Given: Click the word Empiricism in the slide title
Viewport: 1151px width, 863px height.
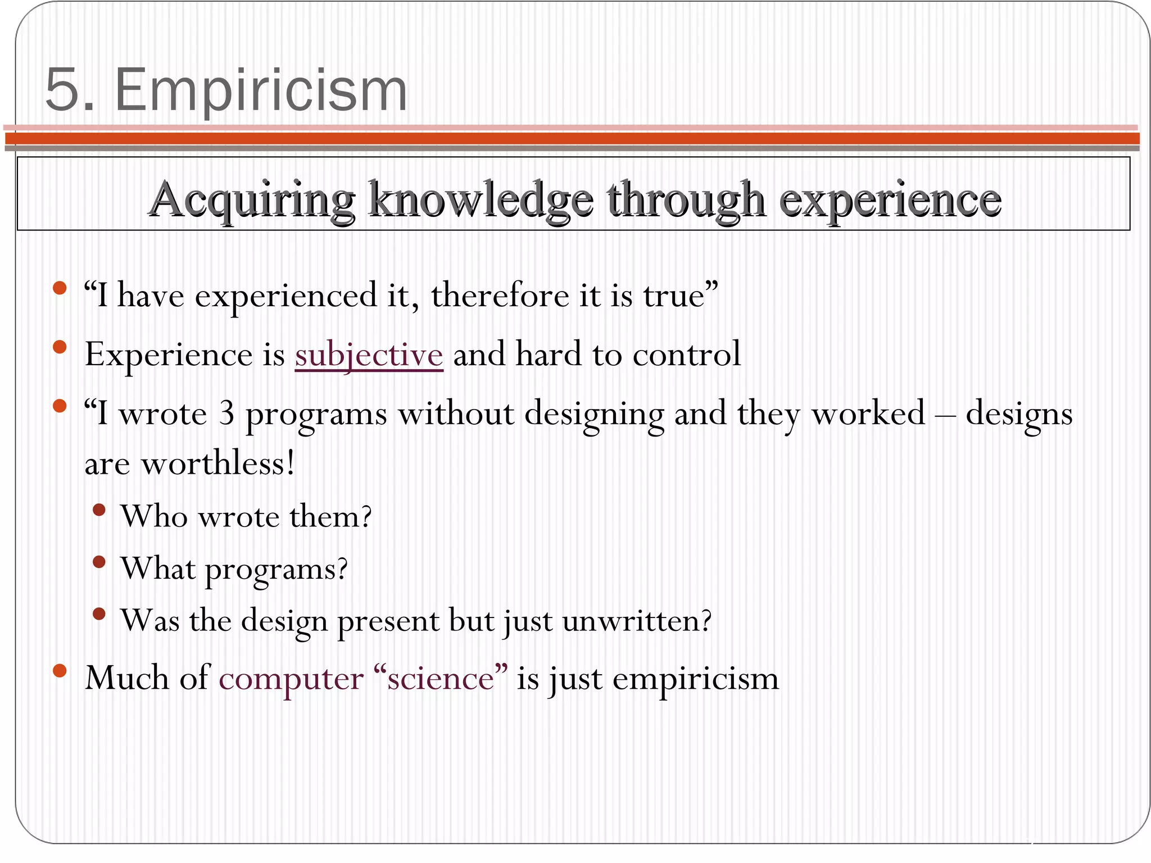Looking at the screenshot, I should pyautogui.click(x=261, y=90).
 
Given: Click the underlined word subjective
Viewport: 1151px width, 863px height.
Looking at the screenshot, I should pyautogui.click(x=369, y=355).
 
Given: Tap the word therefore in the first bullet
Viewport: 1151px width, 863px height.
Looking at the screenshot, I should pyautogui.click(x=500, y=295).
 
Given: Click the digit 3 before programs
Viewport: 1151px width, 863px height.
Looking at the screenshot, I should pyautogui.click(x=226, y=414).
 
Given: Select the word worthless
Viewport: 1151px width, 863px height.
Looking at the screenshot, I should pyautogui.click(x=217, y=464).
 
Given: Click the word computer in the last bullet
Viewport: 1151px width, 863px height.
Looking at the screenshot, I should pyautogui.click(x=291, y=678).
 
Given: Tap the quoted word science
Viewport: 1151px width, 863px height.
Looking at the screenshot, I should pyautogui.click(x=441, y=678).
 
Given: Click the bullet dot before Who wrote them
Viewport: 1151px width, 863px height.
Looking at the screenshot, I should pyautogui.click(x=99, y=510).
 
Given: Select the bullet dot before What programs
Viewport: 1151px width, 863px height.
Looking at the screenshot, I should pyautogui.click(x=99, y=562).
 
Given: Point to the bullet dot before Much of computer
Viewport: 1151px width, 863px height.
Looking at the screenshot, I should pyautogui.click(x=60, y=670).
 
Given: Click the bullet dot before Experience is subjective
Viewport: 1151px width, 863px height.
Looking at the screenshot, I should pyautogui.click(x=60, y=347).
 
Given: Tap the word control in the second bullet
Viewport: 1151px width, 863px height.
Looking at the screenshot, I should pyautogui.click(x=686, y=355).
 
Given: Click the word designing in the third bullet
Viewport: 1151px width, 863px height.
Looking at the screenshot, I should pyautogui.click(x=594, y=415).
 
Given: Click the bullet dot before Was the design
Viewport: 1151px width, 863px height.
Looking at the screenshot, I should pyautogui.click(x=99, y=614).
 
